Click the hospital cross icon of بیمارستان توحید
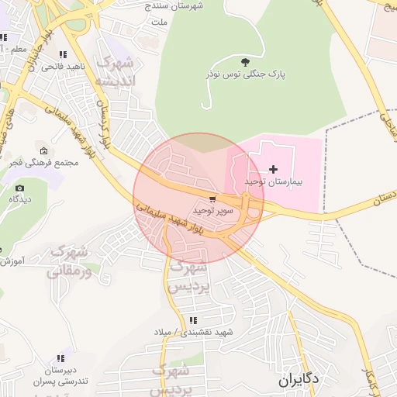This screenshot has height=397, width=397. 273,168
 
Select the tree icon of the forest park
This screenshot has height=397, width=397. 246,62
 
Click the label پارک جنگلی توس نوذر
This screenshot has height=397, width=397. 246,74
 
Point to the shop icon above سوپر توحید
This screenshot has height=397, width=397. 212,199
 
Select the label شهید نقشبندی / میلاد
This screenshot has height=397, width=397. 194,333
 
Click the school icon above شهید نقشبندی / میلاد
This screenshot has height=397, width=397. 192,320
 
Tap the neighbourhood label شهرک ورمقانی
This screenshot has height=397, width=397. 68,261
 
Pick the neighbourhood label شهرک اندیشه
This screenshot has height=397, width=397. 114,71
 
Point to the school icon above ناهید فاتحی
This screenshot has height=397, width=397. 62,55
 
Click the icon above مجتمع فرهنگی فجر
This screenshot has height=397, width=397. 43,150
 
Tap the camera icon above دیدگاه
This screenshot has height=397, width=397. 19,188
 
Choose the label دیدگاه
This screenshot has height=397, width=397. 19,199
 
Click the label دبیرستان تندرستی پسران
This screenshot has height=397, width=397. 56,376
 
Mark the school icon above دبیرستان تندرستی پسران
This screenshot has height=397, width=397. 60,358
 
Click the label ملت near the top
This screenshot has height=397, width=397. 159,22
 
